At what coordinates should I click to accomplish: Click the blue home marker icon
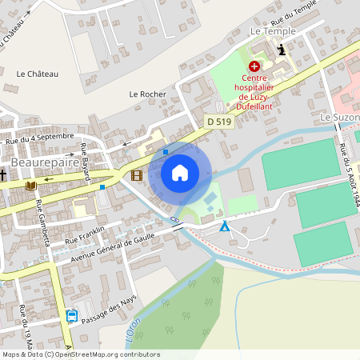pyautogui.click(x=180, y=172)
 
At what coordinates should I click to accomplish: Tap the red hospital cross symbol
pyautogui.click(x=254, y=66)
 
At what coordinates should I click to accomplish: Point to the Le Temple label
pyautogui.click(x=273, y=31)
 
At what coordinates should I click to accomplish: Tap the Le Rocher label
pyautogui.click(x=147, y=94)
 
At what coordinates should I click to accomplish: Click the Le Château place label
pyautogui.click(x=38, y=74)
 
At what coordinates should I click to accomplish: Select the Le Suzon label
pyautogui.click(x=340, y=117)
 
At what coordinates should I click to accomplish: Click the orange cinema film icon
pyautogui.click(x=137, y=175)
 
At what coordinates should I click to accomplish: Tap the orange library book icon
pyautogui.click(x=31, y=186)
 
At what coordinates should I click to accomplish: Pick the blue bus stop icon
pyautogui.click(x=72, y=315)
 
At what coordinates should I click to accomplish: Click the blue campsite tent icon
pyautogui.click(x=225, y=227)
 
